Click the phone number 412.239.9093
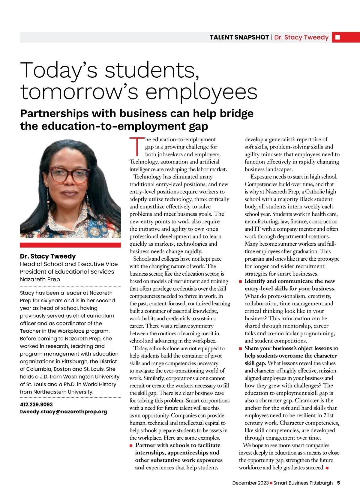click(x=36, y=404)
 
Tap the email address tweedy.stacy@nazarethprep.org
click(x=63, y=412)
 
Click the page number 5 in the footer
click(x=338, y=483)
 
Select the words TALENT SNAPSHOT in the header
click(x=239, y=37)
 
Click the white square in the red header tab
click(x=337, y=37)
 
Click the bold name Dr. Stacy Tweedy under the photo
click(x=48, y=256)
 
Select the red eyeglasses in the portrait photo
click(x=70, y=175)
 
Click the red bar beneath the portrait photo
click(x=70, y=245)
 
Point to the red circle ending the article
click(x=327, y=468)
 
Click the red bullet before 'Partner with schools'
click(x=131, y=445)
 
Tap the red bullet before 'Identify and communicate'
click(x=240, y=281)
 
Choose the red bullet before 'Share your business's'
click(x=240, y=349)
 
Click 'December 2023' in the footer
click(x=250, y=483)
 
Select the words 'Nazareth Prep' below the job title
click(x=40, y=279)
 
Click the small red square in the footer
click(x=271, y=483)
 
